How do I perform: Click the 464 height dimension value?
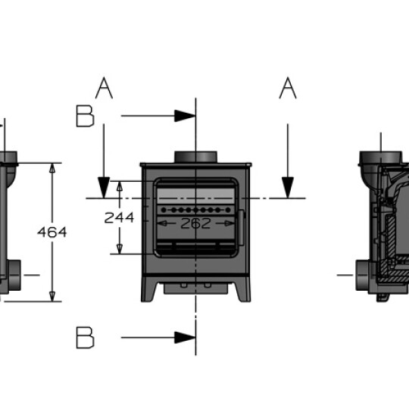pyautogui.click(x=52, y=232)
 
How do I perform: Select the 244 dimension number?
pyautogui.click(x=119, y=217)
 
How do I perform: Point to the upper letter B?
pyautogui.click(x=86, y=116)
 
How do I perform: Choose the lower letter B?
pyautogui.click(x=86, y=338)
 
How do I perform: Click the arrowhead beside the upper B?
pyautogui.click(x=185, y=116)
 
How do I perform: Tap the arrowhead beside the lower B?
pyautogui.click(x=185, y=338)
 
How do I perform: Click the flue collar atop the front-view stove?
pyautogui.click(x=195, y=157)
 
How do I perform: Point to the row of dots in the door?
pyautogui.click(x=195, y=208)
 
